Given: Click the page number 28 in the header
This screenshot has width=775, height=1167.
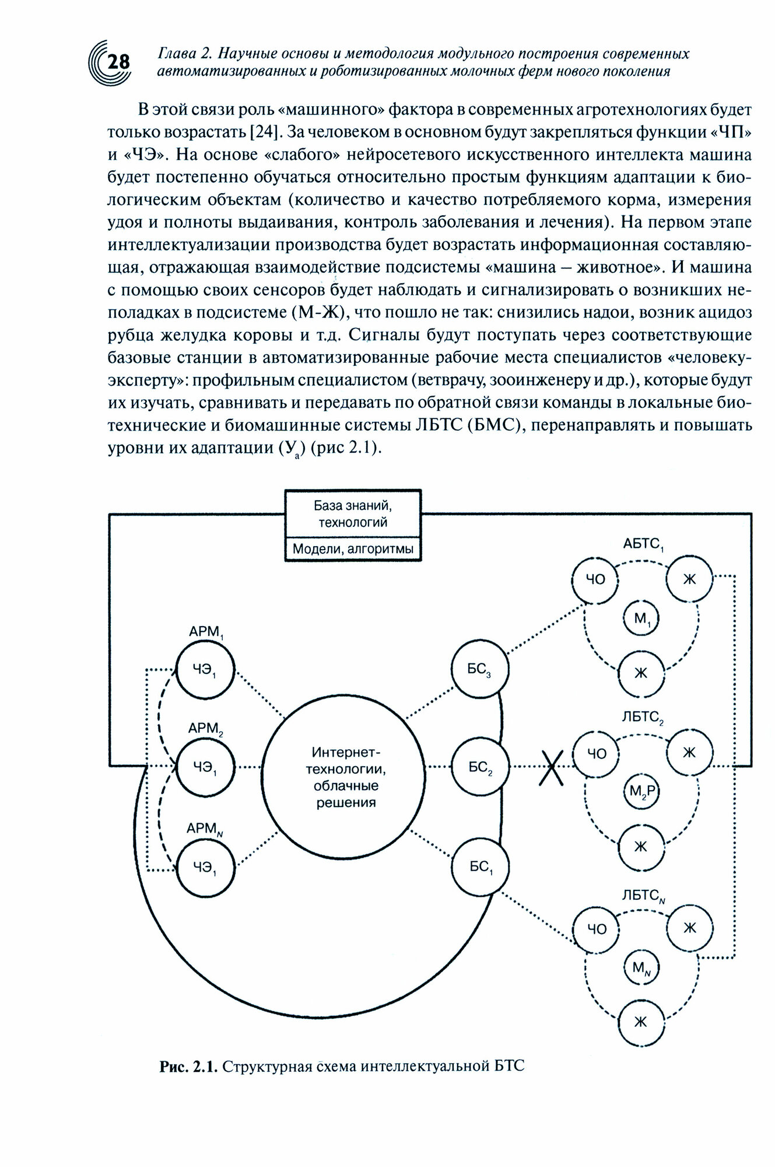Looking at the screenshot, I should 118,61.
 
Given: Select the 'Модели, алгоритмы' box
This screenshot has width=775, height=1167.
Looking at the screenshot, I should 353,549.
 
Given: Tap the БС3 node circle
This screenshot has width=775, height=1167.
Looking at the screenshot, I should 480,669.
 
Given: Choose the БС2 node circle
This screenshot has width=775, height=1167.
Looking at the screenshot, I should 480,766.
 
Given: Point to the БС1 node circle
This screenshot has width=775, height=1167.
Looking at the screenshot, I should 480,866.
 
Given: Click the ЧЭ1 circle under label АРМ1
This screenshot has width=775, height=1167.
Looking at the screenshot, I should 205,669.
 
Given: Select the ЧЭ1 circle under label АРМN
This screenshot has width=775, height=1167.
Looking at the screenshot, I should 205,866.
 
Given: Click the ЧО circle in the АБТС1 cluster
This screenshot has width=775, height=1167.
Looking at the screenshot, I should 597,578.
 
